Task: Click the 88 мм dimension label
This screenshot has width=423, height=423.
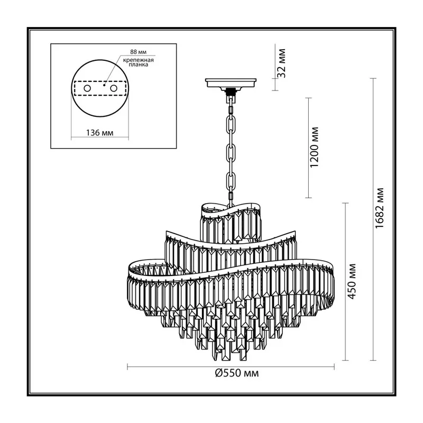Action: tap(138, 52)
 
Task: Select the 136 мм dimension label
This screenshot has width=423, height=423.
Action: tap(99, 133)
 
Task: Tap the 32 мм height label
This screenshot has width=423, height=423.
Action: tap(281, 63)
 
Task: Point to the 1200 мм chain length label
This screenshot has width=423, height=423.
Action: tap(314, 148)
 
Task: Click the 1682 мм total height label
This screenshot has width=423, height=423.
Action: tap(380, 207)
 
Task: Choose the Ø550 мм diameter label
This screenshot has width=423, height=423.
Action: tap(237, 373)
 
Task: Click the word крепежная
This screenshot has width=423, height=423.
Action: tap(139, 60)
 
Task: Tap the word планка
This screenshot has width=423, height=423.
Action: tap(139, 65)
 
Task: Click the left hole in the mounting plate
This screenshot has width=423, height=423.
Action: tap(87, 88)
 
